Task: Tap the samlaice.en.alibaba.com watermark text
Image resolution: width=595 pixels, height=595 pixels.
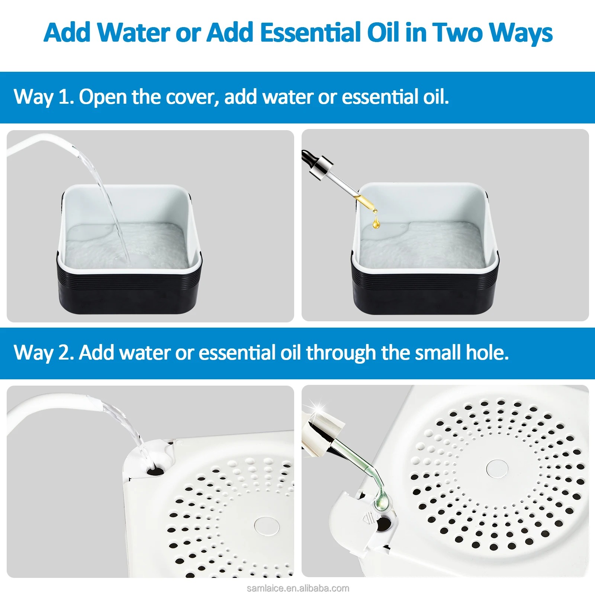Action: click(298, 588)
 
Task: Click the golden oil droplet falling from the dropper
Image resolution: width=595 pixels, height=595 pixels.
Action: click(376, 223)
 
